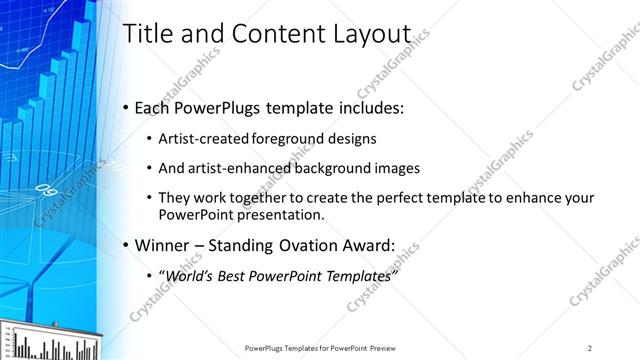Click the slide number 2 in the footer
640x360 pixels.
(x=590, y=347)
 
